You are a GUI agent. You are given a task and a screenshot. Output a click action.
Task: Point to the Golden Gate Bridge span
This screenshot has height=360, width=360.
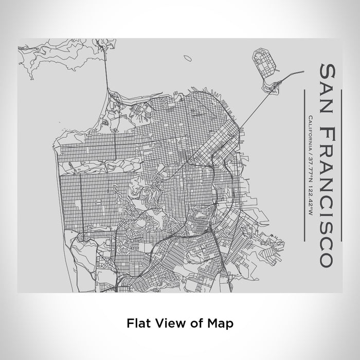click(108, 72)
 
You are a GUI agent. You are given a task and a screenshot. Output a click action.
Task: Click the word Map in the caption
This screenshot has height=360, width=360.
click(222, 323)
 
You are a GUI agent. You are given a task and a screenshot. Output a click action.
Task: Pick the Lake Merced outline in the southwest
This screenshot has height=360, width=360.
click(82, 247)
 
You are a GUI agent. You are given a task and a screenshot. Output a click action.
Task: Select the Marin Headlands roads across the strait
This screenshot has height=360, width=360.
click(57, 57)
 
